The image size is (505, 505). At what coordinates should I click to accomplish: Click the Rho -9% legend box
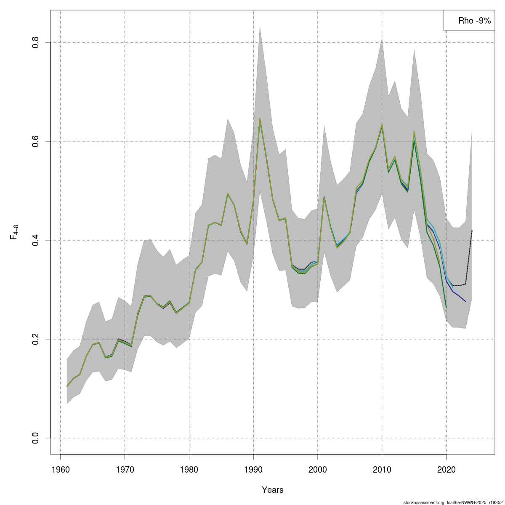[468, 20]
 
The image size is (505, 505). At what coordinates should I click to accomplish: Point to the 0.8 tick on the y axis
[36, 43]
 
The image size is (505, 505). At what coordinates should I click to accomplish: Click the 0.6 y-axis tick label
[36, 141]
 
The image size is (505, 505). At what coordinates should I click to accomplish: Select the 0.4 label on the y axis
[36, 240]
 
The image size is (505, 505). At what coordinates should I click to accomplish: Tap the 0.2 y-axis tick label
[36, 339]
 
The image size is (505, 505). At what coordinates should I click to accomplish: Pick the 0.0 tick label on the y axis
[36, 438]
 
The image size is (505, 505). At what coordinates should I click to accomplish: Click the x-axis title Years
[273, 490]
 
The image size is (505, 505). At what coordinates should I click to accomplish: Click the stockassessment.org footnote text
[452, 502]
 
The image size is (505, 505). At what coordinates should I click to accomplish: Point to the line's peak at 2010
[382, 125]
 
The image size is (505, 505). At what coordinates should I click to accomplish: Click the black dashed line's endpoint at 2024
[472, 231]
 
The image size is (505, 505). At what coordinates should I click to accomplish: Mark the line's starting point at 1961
[67, 386]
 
